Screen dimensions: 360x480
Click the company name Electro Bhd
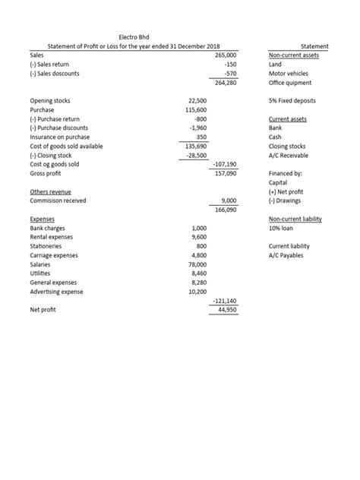coord(135,37)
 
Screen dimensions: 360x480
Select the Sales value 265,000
coord(226,55)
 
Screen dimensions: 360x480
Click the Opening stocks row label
coord(50,100)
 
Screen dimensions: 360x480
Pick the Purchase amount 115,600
coord(197,110)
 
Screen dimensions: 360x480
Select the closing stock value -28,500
coord(197,155)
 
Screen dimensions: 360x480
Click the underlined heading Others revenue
coord(50,191)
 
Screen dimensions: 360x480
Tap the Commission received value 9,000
coord(229,201)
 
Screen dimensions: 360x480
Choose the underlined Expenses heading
coord(43,219)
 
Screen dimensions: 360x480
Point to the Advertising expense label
coord(57,292)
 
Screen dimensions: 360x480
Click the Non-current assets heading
coord(294,55)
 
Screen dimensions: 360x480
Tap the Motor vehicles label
coord(289,74)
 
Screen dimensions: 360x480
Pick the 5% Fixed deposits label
coord(292,100)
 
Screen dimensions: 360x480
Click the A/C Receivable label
coord(289,155)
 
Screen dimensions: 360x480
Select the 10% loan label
coord(281,228)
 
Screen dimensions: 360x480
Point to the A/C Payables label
coord(286,255)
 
